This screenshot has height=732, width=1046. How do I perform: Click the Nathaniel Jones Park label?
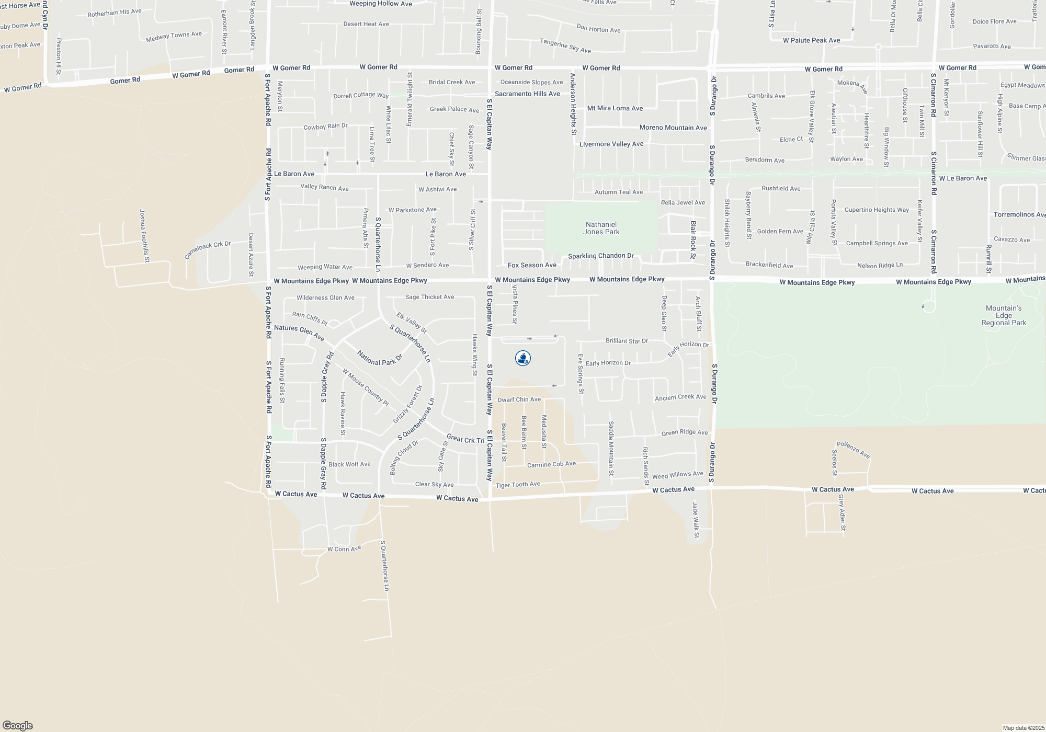point(601,228)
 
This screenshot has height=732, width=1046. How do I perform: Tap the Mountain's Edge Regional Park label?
point(1004,315)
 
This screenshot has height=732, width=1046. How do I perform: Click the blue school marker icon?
point(523,358)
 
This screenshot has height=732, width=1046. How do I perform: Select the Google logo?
point(17,726)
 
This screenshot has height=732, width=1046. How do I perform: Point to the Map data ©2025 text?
point(1023,728)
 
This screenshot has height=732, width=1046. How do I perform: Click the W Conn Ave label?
point(344,549)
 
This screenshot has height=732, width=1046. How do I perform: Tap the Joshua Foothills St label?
point(145,236)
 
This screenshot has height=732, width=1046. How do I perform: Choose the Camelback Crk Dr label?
point(207,250)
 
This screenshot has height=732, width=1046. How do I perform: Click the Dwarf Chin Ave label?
point(519,399)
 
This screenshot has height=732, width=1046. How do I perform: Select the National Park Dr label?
point(380,358)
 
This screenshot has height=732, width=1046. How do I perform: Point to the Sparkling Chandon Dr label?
point(601,256)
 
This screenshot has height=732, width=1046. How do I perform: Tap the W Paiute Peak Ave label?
point(811,40)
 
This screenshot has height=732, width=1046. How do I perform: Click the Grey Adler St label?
point(842,512)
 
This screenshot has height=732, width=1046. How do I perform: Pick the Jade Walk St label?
point(696,520)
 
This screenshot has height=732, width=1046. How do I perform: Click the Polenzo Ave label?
point(853,450)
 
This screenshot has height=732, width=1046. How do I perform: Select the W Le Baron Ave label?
point(963,178)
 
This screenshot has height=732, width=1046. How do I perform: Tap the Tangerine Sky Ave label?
point(565,45)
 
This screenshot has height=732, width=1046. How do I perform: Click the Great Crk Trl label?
point(465,439)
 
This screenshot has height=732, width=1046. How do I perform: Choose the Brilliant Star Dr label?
point(627,341)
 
